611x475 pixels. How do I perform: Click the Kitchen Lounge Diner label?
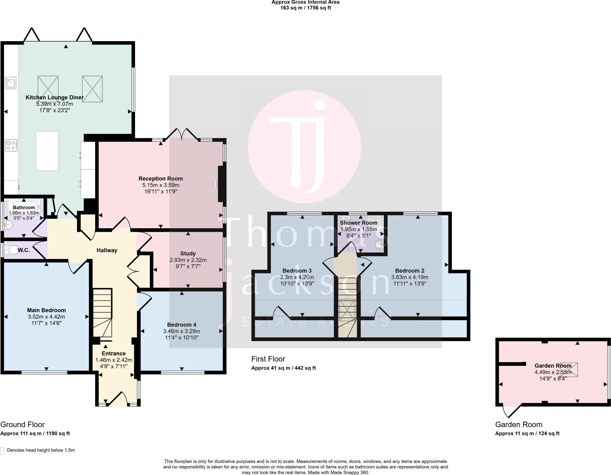pos(54,98)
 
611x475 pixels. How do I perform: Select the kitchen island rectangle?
pos(47,151)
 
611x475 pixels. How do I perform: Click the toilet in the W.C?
pos(11,250)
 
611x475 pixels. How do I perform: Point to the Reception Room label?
pos(161,179)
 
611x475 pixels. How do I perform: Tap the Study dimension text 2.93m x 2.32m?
pos(188,260)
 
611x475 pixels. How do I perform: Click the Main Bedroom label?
pos(46,310)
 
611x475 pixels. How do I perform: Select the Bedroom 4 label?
pos(181,325)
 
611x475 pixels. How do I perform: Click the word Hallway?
pos(107,250)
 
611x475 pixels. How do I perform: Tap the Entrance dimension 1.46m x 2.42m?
pos(114,360)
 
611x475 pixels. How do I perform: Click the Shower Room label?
pos(359,223)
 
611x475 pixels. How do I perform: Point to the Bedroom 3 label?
pos(297,271)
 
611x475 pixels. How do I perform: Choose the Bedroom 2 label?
pos(410,271)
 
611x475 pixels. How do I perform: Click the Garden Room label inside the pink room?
pos(553,365)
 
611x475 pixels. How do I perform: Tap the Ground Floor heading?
pos(22,425)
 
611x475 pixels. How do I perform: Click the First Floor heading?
pos(268,359)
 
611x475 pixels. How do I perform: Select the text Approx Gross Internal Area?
pos(305,2)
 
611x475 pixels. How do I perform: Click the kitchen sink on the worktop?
pos(11,83)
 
